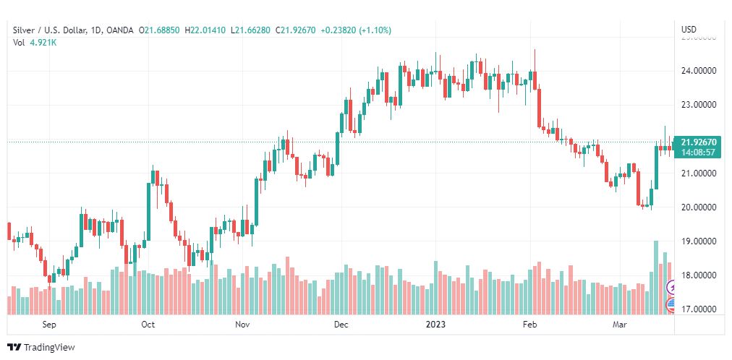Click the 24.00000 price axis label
coord(699,71)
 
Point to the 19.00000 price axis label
coord(699,241)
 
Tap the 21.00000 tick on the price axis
coord(699,173)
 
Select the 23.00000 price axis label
coord(699,105)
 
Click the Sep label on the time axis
coord(49,325)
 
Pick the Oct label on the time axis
coord(148,325)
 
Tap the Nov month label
coord(242,325)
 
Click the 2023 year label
coord(435,325)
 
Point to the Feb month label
coord(530,325)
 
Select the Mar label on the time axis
coord(620,325)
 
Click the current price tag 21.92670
coord(699,142)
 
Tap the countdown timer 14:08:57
coord(699,153)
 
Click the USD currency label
coord(689,30)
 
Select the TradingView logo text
coord(49,348)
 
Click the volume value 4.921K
coord(43,43)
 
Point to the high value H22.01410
coord(205,30)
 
